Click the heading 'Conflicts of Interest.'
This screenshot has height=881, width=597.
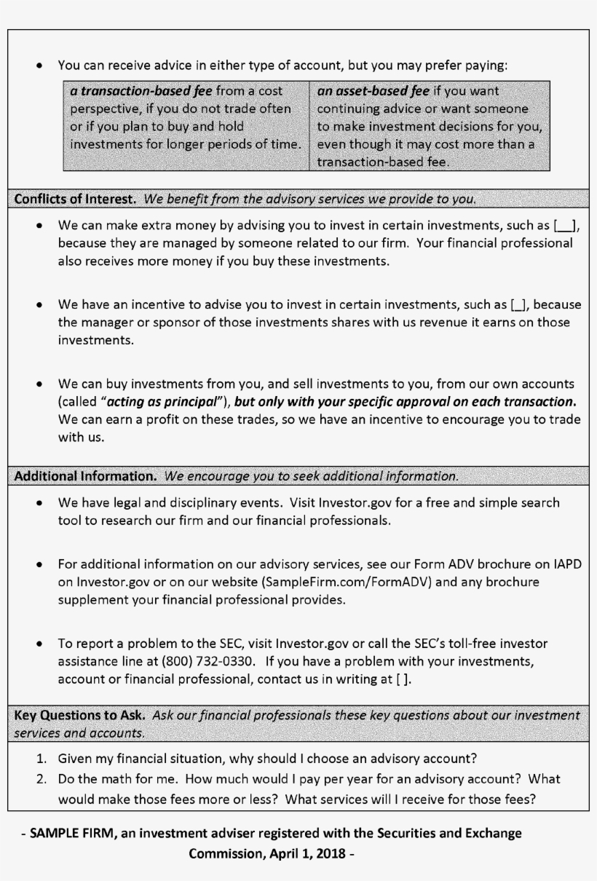point(76,198)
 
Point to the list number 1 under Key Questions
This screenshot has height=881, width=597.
point(42,758)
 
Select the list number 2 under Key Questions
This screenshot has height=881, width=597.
point(42,778)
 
